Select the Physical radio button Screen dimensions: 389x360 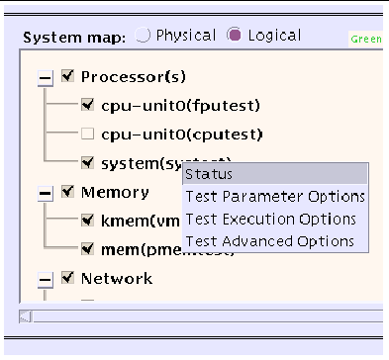tap(144, 36)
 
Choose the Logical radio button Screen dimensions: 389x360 tap(235, 36)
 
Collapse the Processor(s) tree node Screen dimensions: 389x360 tap(45, 77)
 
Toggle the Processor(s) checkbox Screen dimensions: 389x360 tap(67, 75)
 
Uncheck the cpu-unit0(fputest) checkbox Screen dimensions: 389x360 tap(87, 104)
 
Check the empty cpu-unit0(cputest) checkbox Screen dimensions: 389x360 tap(87, 133)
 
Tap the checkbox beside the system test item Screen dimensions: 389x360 tap(87, 162)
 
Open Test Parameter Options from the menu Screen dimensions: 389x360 tap(275, 197)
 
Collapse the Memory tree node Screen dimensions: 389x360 tap(45, 194)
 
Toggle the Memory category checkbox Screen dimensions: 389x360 tap(67, 192)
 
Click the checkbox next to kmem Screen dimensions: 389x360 tap(87, 221)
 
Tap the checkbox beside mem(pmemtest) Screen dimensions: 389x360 tap(87, 250)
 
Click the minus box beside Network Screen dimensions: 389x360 tap(45, 280)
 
